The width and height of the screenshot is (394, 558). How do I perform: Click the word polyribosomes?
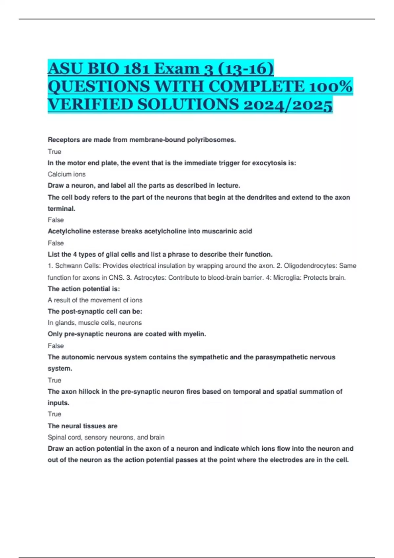211,140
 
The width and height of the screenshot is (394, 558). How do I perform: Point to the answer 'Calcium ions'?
67,174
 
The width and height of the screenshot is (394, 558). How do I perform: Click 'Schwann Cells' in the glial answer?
77,266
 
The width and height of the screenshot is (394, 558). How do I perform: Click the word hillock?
89,392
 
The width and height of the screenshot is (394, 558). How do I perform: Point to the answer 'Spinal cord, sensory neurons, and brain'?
106,438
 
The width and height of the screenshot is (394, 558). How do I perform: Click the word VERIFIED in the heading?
90,105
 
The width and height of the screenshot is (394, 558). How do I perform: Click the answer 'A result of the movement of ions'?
95,300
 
